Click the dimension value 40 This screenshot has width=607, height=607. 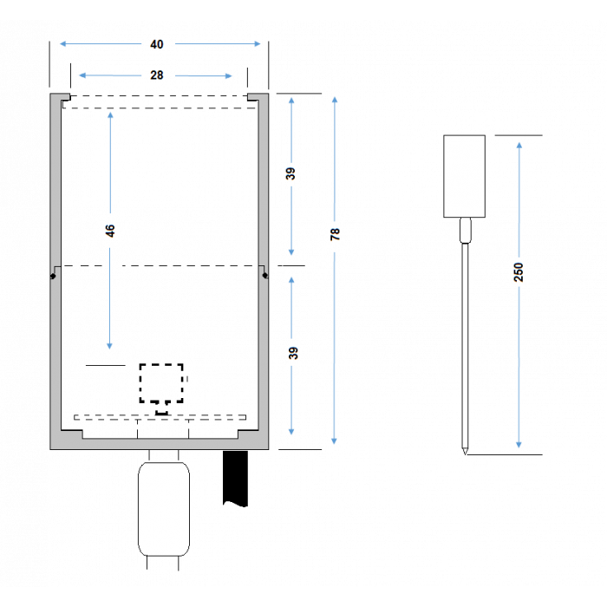click(x=157, y=44)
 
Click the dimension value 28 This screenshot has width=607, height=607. click(x=157, y=75)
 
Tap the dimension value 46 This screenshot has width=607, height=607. click(x=110, y=231)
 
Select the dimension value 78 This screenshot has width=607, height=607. click(x=335, y=234)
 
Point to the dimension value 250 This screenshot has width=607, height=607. click(x=519, y=271)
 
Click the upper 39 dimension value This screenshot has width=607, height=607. click(x=290, y=173)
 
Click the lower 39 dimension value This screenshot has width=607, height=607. click(x=293, y=353)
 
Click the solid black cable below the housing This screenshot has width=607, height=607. click(x=235, y=478)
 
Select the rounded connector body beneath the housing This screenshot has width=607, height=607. click(x=164, y=509)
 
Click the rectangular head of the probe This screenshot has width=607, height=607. click(x=464, y=176)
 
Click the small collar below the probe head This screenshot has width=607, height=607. click(x=465, y=231)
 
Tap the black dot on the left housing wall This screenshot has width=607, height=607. click(x=53, y=276)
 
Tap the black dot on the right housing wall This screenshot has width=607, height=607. click(x=265, y=276)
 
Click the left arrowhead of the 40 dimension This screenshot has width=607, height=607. click(x=62, y=43)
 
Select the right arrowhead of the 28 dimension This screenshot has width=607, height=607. click(x=229, y=76)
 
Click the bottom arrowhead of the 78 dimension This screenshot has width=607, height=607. click(x=335, y=441)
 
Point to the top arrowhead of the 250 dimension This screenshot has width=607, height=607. click(x=519, y=146)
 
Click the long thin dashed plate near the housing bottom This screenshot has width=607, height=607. click(x=160, y=417)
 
